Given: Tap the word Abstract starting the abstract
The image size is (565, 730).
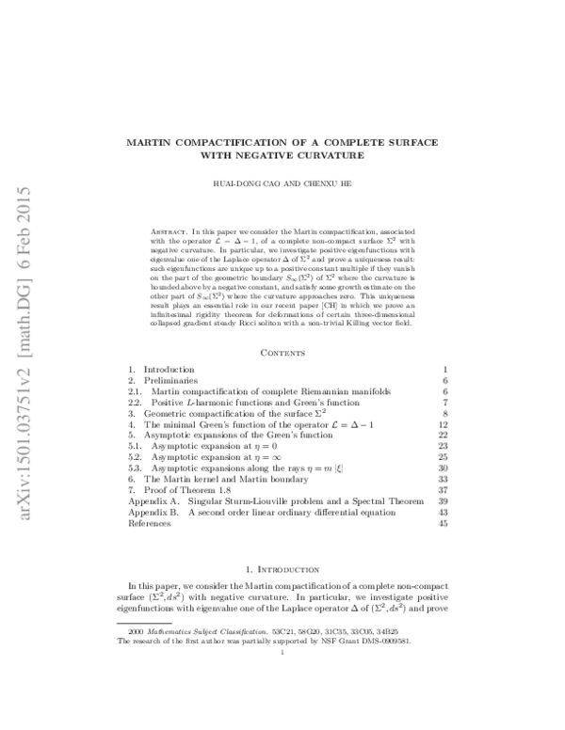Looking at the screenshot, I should [x=168, y=230].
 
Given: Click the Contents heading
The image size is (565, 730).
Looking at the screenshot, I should [x=282, y=325].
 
